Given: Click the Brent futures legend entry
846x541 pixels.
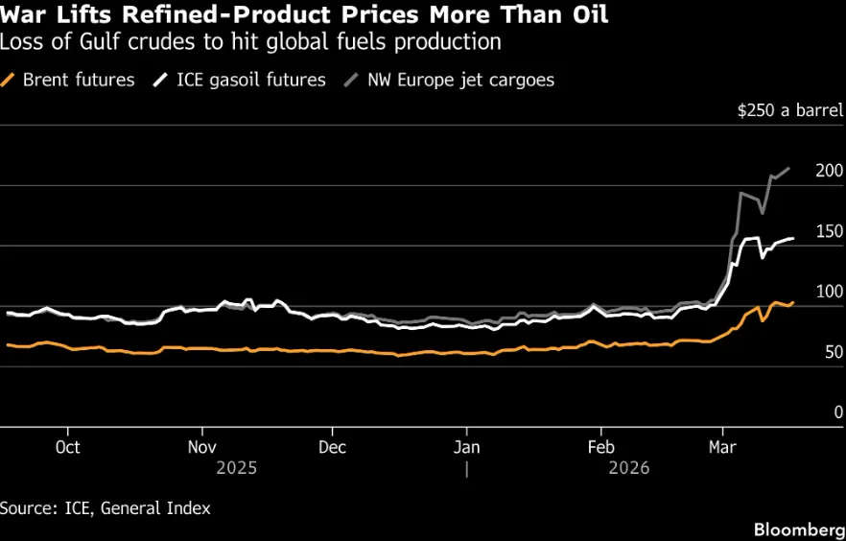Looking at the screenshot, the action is [x=67, y=81].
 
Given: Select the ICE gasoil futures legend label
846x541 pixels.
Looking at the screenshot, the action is [x=240, y=81].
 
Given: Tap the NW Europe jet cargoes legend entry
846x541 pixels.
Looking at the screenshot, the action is [x=450, y=81].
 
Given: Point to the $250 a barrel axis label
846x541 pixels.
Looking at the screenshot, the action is [x=790, y=110].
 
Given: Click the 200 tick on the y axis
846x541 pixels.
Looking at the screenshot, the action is [x=830, y=171].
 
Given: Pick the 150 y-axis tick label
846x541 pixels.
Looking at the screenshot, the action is [x=830, y=231].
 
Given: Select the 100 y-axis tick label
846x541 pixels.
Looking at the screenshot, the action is [x=830, y=292].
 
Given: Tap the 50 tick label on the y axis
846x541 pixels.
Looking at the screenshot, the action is [x=834, y=352].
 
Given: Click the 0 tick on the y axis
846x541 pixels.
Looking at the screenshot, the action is [x=838, y=412].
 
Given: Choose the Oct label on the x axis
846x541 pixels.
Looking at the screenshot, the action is [x=68, y=447].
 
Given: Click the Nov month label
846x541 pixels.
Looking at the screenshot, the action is [x=202, y=447].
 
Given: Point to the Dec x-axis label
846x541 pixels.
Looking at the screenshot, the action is [x=332, y=447].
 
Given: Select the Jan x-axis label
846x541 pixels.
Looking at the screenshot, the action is [x=466, y=447].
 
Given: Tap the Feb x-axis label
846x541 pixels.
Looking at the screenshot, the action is [x=600, y=447].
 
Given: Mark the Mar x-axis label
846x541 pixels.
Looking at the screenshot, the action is [x=722, y=447].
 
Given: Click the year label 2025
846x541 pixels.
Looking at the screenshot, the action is [x=236, y=468].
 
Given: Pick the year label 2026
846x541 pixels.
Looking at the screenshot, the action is [x=629, y=468].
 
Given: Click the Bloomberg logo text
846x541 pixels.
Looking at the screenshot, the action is [x=800, y=529].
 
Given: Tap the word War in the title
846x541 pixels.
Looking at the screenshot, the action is [x=20, y=14].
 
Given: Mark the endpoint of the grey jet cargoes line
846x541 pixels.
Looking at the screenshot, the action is [x=790, y=168].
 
